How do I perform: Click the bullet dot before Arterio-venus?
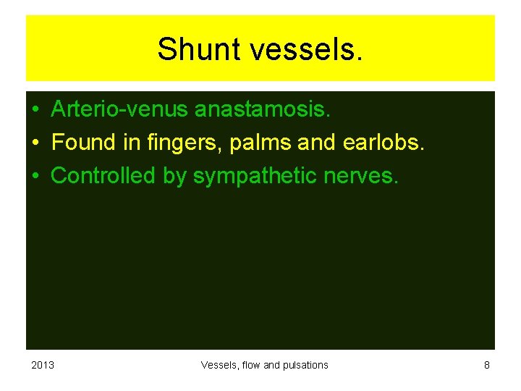pos(35,111)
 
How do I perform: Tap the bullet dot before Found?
pos(35,143)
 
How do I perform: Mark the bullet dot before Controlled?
pos(35,176)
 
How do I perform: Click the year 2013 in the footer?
pos(43,365)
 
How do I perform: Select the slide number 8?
pos(487,365)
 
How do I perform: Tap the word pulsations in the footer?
pos(305,365)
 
